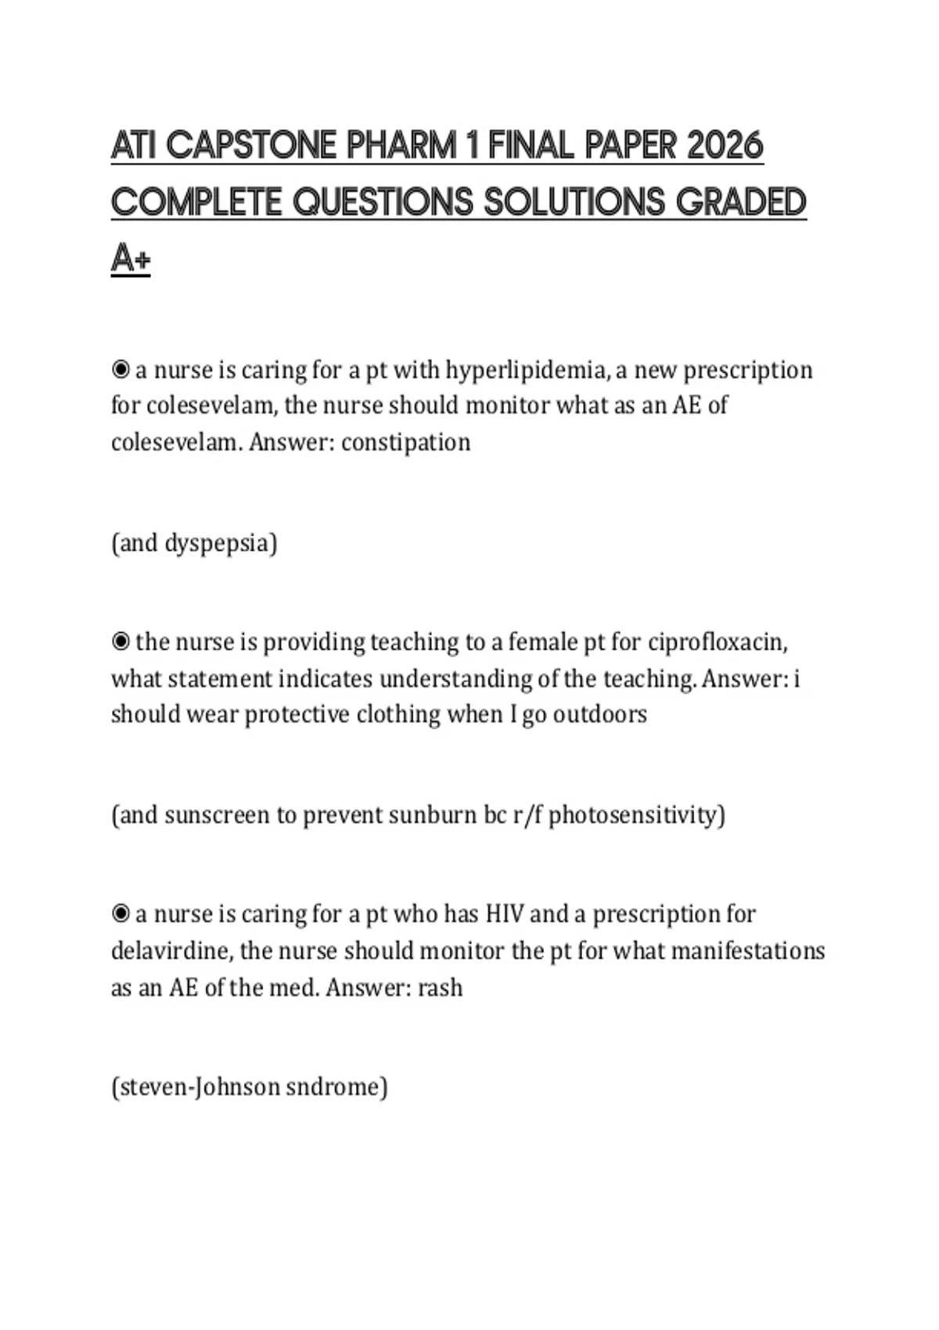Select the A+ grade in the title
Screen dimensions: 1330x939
(131, 257)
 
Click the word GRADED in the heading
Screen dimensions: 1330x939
(740, 203)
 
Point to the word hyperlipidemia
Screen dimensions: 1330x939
(527, 369)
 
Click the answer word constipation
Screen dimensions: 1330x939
(406, 442)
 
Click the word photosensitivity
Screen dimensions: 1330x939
(636, 815)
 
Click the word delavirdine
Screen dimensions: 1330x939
(171, 951)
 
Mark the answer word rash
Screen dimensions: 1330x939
(440, 987)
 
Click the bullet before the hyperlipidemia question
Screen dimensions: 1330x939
(121, 369)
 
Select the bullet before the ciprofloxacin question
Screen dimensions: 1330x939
(121, 642)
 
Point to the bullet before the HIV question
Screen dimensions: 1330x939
(121, 914)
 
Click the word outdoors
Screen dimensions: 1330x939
(600, 714)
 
